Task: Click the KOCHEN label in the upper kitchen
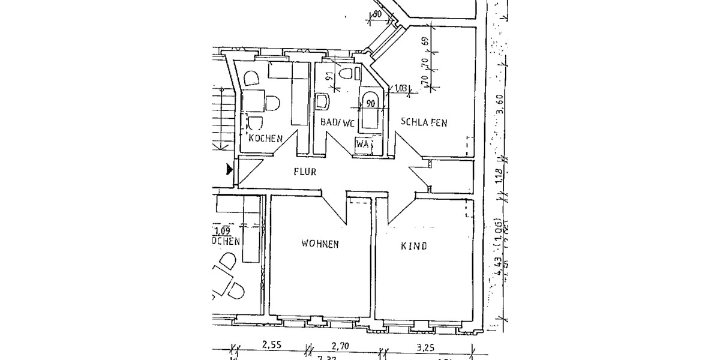[265, 139]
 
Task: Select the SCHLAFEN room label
[425, 122]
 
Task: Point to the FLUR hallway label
[305, 171]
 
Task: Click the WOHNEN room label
[320, 244]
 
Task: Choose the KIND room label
[414, 245]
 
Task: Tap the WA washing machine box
[362, 144]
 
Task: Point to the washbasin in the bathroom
[323, 101]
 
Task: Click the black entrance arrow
[229, 170]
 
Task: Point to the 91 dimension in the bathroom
[329, 76]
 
